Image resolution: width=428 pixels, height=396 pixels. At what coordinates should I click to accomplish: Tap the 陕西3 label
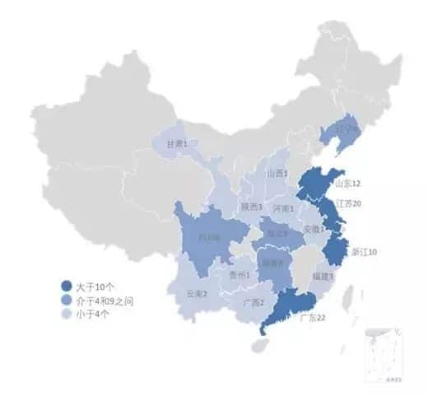(x=251, y=207)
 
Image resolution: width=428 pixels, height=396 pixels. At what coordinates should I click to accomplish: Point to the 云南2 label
(x=197, y=294)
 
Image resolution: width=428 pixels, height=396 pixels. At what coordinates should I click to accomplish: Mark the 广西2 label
(x=254, y=302)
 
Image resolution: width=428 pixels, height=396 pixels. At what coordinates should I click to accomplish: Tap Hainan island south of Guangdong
(x=259, y=346)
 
